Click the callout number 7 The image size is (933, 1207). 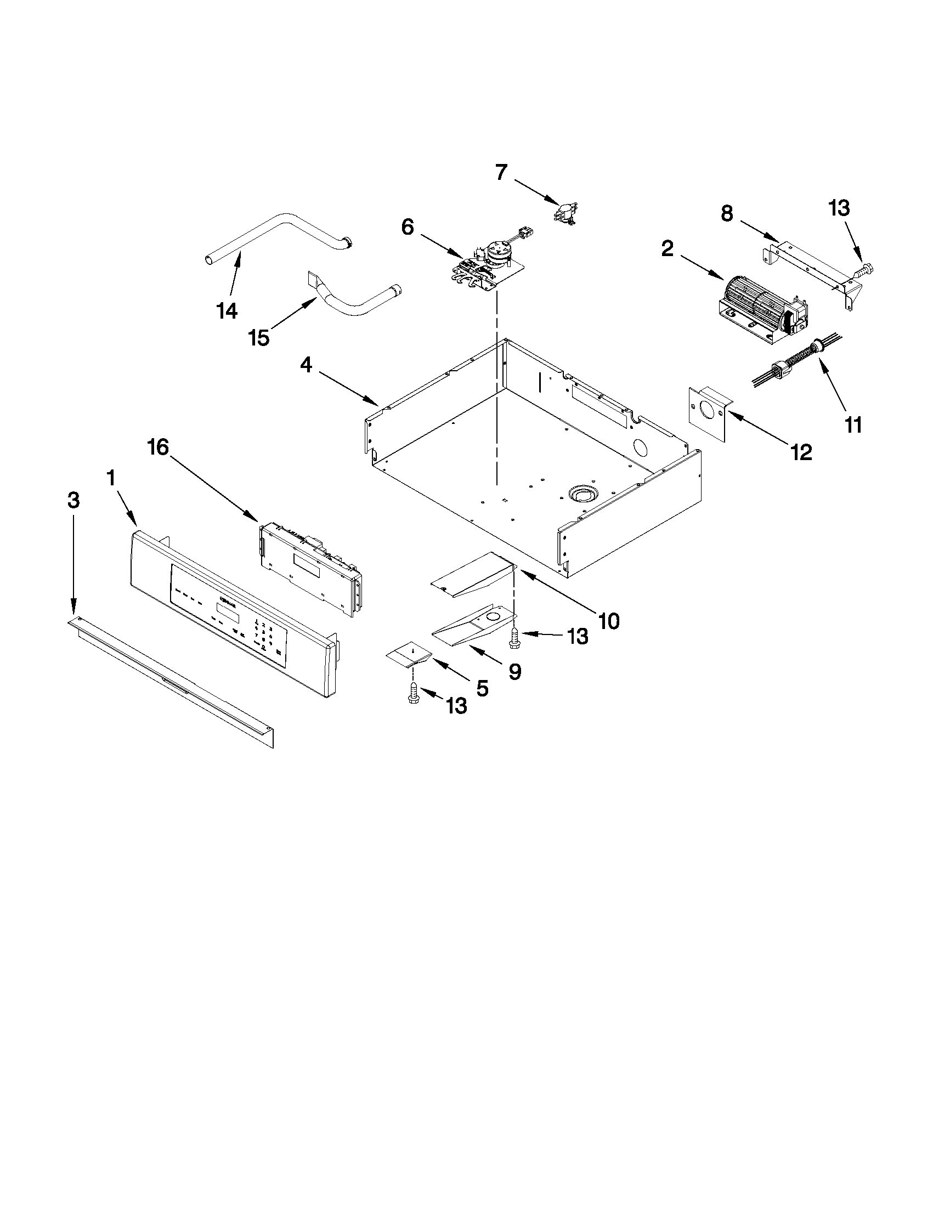pyautogui.click(x=501, y=173)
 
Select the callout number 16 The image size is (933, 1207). pyautogui.click(x=158, y=447)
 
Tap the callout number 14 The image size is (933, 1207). pyautogui.click(x=227, y=311)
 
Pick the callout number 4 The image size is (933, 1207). pyautogui.click(x=306, y=365)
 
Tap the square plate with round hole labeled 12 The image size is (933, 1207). pyautogui.click(x=709, y=412)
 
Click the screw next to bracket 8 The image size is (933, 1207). pyautogui.click(x=863, y=271)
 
